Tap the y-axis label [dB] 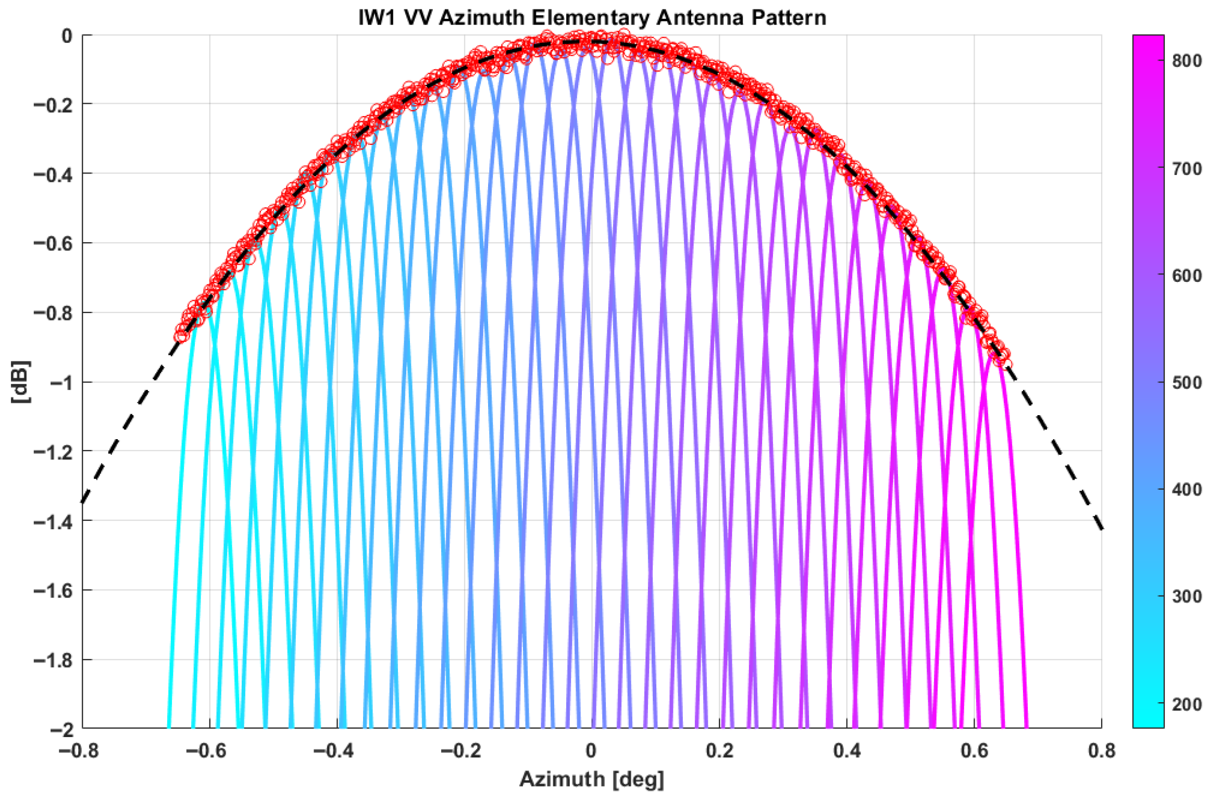pos(21,382)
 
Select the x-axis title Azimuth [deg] pos(592,779)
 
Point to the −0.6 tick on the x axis pos(207,751)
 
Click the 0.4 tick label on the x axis pos(846,751)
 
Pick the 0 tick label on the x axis pos(591,751)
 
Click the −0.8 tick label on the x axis pos(79,751)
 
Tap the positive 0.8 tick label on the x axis pos(1101,751)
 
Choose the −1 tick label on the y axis pos(61,383)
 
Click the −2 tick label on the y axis pos(61,729)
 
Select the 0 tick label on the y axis pos(67,36)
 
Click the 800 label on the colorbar pos(1187,60)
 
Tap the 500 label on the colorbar pos(1187,382)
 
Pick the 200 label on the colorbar pos(1187,704)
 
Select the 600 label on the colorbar pos(1187,275)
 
